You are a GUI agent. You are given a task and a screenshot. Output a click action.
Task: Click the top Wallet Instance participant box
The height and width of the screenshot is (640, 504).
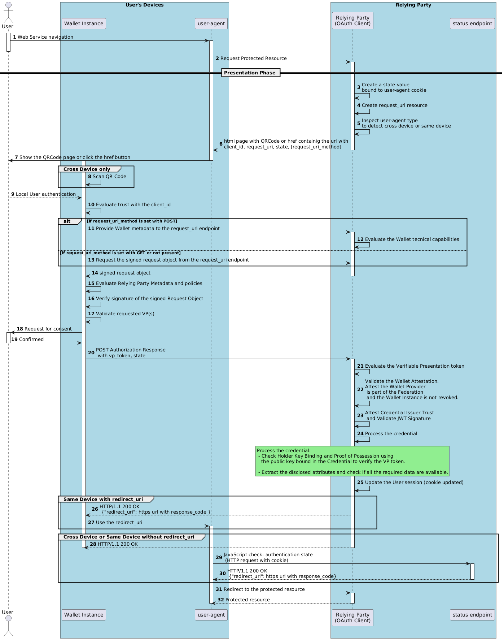point(84,23)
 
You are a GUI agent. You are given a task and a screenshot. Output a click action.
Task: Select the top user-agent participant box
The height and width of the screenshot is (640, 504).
point(211,23)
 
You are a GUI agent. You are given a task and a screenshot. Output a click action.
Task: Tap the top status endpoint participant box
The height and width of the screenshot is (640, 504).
point(472,23)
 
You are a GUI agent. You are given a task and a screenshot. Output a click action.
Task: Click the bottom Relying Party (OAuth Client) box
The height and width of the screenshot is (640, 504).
point(352,618)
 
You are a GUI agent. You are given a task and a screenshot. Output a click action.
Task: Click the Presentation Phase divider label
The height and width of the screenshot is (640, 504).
point(250,73)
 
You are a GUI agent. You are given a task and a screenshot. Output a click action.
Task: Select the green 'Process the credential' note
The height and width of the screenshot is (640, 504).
point(352,461)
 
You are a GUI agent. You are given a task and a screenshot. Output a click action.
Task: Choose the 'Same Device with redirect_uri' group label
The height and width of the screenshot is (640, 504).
point(103,499)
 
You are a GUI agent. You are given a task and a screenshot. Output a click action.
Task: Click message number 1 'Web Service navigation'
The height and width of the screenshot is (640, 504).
point(45,37)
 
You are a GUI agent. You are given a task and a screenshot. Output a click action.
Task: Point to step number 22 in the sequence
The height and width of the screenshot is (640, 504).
point(360,389)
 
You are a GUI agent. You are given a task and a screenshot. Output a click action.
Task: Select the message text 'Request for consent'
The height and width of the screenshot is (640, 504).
point(48,329)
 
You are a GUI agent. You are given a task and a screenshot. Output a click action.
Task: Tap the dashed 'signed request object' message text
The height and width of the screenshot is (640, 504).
point(125,273)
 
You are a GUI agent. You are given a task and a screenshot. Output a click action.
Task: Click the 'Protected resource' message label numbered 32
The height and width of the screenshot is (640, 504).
point(247,600)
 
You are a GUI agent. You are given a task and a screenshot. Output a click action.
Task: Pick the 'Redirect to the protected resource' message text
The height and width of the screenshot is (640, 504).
point(264,589)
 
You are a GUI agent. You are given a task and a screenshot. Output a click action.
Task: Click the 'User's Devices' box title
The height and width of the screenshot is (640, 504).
point(144,5)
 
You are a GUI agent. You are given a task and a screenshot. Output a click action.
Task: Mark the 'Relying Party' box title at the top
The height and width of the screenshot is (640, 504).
point(413,5)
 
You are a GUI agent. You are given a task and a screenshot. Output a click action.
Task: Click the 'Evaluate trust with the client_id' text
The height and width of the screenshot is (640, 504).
point(133,205)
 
